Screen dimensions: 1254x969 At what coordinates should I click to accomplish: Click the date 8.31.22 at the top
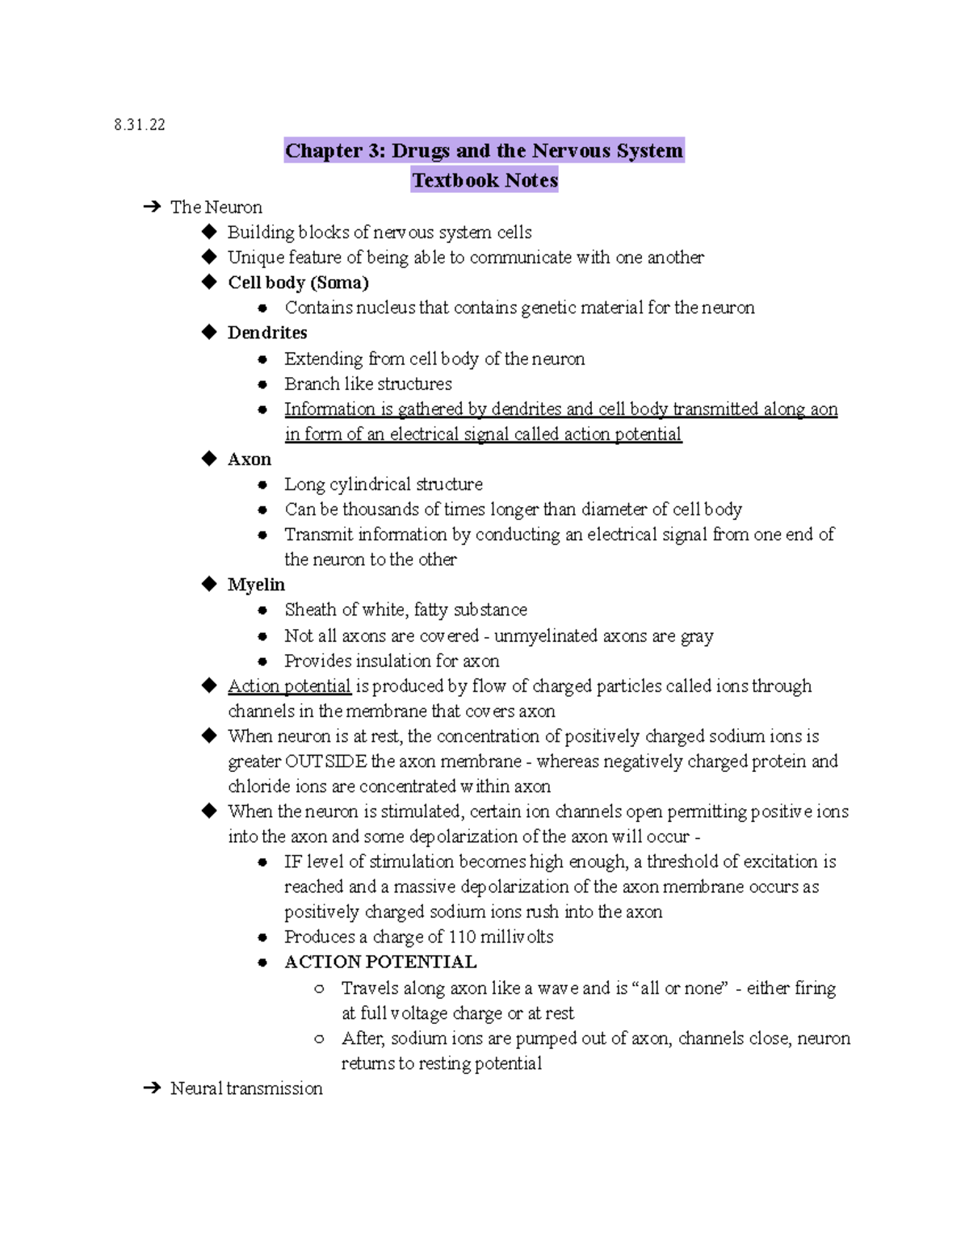[140, 124]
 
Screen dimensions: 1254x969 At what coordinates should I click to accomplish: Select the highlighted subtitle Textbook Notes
[484, 180]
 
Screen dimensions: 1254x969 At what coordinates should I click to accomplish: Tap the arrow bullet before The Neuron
[151, 208]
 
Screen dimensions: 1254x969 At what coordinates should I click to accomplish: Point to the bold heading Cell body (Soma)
[298, 283]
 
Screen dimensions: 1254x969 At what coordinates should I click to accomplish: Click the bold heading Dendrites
[267, 333]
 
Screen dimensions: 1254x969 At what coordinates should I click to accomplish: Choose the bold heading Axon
[250, 459]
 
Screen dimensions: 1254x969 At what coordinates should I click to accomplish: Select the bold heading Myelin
[256, 585]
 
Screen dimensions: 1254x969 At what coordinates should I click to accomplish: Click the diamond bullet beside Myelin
[210, 584]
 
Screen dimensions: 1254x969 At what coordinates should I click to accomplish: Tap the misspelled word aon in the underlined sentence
[824, 409]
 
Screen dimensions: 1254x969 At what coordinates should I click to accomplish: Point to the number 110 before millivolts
[462, 937]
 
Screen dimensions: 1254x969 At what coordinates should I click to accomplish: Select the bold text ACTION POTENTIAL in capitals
[380, 963]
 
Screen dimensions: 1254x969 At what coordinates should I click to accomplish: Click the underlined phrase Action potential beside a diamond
[289, 686]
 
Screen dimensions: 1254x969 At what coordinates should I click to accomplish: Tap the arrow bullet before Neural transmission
[151, 1088]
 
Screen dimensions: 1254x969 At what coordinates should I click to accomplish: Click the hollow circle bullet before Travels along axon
[320, 988]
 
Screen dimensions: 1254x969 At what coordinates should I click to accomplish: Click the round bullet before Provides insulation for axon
[262, 661]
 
